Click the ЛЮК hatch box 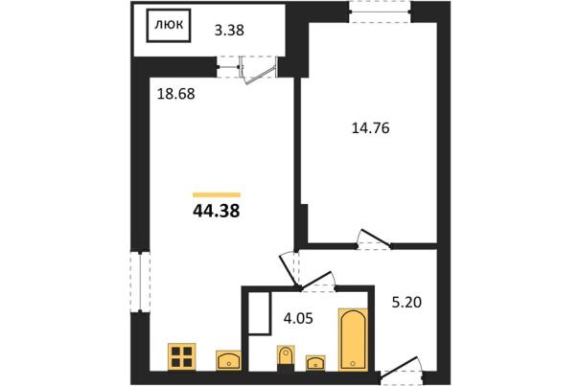pyautogui.click(x=169, y=26)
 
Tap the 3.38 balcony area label pyautogui.click(x=229, y=30)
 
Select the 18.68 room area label pyautogui.click(x=175, y=94)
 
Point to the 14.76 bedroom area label pyautogui.click(x=370, y=128)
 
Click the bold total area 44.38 pyautogui.click(x=217, y=211)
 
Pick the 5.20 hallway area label pyautogui.click(x=406, y=303)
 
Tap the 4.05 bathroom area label pyautogui.click(x=298, y=318)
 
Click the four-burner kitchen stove pyautogui.click(x=181, y=357)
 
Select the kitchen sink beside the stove pyautogui.click(x=228, y=360)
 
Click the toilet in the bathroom pyautogui.click(x=286, y=358)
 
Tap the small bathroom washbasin pyautogui.click(x=315, y=362)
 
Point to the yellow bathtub pyautogui.click(x=353, y=339)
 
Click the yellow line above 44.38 pyautogui.click(x=217, y=194)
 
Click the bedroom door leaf pyautogui.click(x=375, y=238)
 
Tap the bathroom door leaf pyautogui.click(x=315, y=280)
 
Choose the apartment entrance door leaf pyautogui.click(x=399, y=367)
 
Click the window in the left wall pyautogui.click(x=141, y=283)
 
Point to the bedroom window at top pyautogui.click(x=381, y=11)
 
